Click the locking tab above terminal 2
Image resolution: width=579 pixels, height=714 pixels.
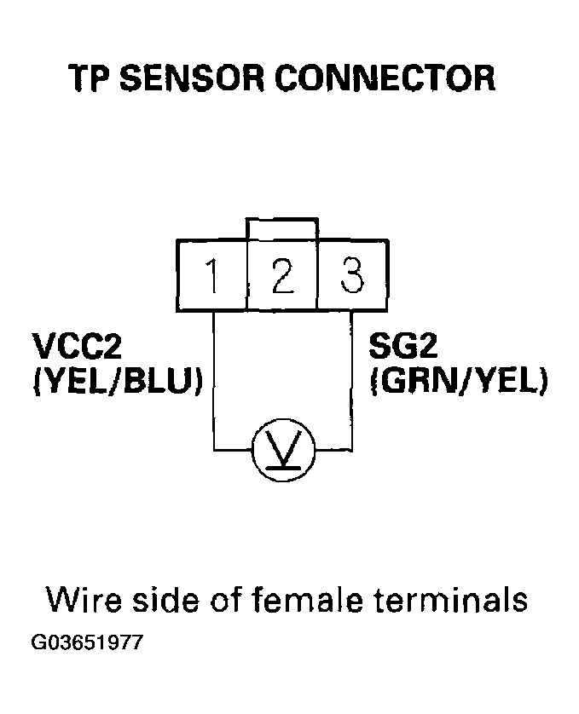281,229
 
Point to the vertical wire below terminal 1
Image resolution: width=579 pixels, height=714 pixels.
212,375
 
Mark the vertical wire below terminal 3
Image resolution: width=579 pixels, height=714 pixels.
352,375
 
